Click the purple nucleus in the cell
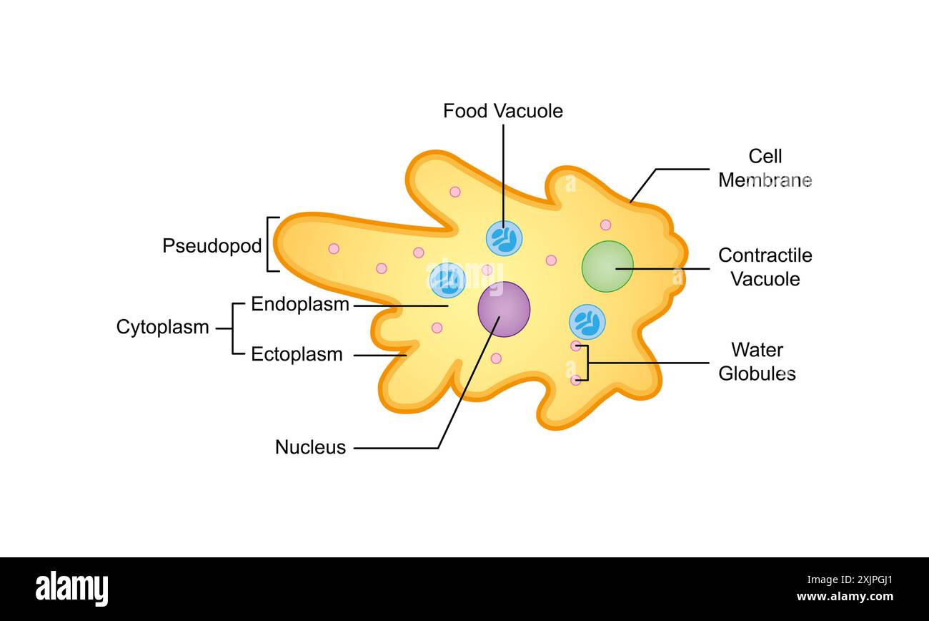pos(504,309)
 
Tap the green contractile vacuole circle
pos(607,266)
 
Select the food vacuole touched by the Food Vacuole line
pos(504,238)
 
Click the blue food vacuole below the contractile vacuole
pos(587,322)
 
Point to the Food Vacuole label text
pos(502,111)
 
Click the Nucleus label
pos(310,447)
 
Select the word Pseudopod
pos(212,245)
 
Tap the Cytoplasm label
pos(162,327)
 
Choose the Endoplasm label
pos(299,304)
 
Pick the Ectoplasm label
pos(297,354)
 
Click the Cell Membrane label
pos(765,168)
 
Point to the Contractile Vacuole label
pos(765,267)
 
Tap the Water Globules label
pos(757,361)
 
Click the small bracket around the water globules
pos(586,363)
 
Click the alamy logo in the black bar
pos(71,589)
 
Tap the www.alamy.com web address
pos(845,597)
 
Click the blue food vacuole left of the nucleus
pos(448,280)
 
